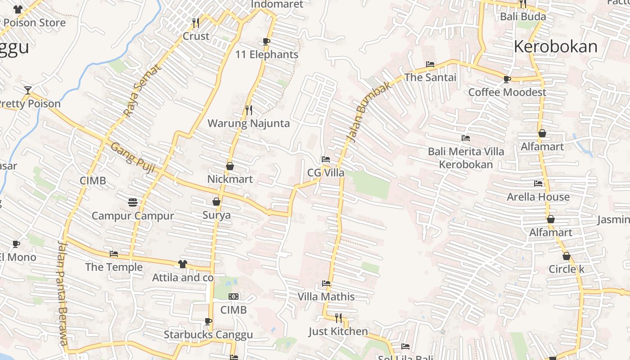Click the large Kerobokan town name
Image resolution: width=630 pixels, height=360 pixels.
coord(555,46)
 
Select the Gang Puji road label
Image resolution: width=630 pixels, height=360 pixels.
coord(133,158)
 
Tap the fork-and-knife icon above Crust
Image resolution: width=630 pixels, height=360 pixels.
coord(195,22)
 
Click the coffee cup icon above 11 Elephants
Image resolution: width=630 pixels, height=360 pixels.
coord(266,42)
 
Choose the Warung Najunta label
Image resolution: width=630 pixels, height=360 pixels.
coord(248,123)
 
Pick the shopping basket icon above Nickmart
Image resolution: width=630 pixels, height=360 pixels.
coord(230,166)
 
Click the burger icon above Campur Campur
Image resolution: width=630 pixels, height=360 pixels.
coord(132,202)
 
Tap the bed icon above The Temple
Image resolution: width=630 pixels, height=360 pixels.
coord(114,254)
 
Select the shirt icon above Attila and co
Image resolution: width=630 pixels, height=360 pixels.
coord(182,264)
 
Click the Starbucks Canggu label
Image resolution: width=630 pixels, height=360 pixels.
coord(208,335)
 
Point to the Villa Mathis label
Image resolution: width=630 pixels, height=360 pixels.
coord(326,297)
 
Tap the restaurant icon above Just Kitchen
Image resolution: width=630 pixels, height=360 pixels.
coord(338,318)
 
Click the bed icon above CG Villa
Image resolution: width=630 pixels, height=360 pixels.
coord(326,159)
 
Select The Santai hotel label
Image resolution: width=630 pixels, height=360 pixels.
coord(430,77)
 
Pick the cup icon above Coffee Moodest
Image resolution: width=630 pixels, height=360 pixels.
coord(507,80)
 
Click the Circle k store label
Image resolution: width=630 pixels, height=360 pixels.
coord(566,269)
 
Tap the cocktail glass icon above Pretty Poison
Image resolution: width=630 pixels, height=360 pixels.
coord(28,90)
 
